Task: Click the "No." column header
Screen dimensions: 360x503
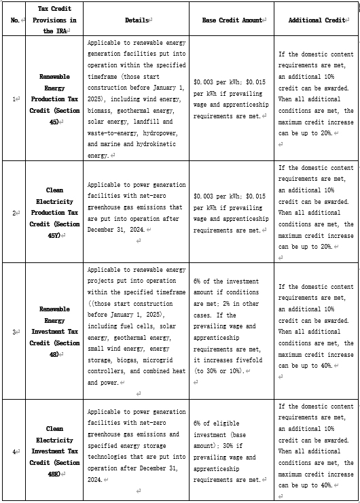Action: [14, 20]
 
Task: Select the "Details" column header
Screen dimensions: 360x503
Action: [136, 20]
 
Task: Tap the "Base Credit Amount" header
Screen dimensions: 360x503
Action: [231, 20]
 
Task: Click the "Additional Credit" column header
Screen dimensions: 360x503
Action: [316, 20]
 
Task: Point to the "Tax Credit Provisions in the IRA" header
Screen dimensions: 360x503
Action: [54, 20]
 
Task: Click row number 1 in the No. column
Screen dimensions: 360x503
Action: [14, 99]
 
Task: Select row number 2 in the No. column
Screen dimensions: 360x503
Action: [14, 213]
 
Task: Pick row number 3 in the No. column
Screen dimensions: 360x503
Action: [14, 332]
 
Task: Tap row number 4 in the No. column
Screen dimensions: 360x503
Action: [14, 451]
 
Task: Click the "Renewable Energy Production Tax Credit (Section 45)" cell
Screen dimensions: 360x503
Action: [54, 99]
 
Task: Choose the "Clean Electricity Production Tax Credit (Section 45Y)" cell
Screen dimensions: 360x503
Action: [54, 213]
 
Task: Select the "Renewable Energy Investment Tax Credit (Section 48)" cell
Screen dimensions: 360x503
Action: [54, 332]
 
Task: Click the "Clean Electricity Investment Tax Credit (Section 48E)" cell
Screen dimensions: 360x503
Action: [54, 451]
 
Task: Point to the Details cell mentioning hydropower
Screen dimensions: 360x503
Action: [136, 99]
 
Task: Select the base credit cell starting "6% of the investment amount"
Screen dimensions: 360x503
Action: [231, 332]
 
